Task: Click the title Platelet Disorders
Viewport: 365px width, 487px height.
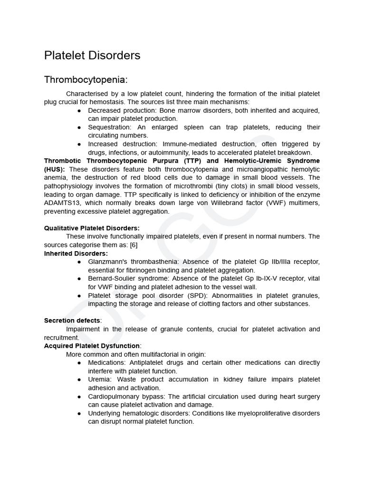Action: [x=92, y=56]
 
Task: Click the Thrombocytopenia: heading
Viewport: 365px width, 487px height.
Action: [x=86, y=79]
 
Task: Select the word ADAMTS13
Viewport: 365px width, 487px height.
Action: [x=60, y=203]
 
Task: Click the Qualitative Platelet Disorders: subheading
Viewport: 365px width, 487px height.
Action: [x=92, y=228]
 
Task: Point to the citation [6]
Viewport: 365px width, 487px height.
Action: [x=134, y=245]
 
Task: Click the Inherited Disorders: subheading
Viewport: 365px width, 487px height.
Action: [x=76, y=253]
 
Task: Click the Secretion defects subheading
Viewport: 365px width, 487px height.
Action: [x=72, y=321]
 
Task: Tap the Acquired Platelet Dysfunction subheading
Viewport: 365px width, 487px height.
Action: [x=92, y=346]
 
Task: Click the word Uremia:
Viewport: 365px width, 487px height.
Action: [x=100, y=380]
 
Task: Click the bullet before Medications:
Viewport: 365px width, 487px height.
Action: [x=78, y=363]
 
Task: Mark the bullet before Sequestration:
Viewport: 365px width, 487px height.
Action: [x=78, y=127]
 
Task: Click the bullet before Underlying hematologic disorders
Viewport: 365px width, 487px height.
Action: [x=78, y=413]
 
